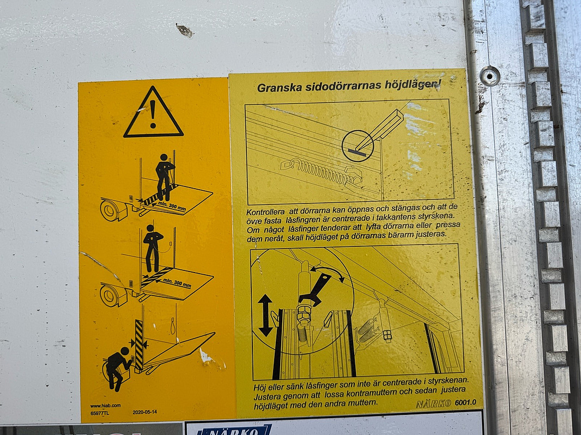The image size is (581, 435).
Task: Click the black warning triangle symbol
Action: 153,113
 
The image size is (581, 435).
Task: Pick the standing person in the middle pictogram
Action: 153,247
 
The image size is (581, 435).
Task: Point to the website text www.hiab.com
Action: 105,406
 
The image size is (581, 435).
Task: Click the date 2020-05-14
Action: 145,412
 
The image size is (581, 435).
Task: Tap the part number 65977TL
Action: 100,413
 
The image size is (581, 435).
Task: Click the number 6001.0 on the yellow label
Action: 466,403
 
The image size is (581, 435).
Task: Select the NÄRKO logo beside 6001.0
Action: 433,404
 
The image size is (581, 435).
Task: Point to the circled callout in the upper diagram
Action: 358,146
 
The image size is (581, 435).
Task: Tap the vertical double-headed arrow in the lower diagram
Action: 265,315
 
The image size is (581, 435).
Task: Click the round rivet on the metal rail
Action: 489,76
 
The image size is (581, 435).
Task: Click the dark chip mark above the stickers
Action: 184,31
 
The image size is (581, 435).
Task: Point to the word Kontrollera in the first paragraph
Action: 268,212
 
